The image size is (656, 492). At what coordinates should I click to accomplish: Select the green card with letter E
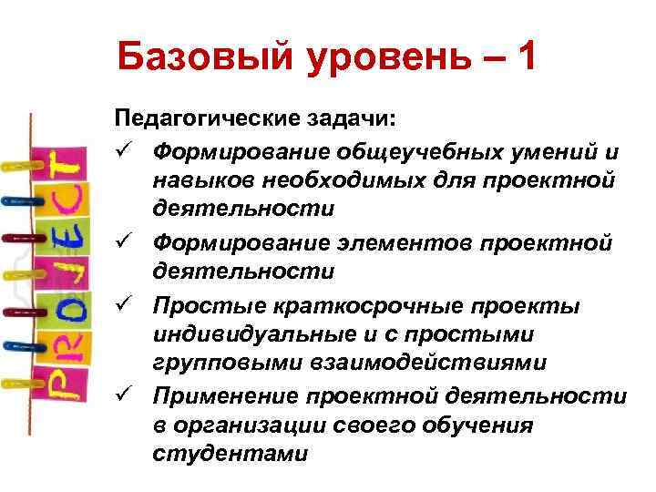tap(63, 241)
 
